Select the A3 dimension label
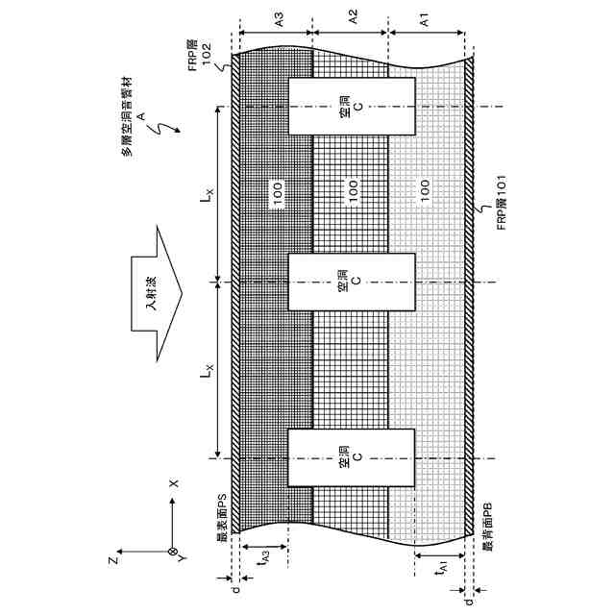pyautogui.click(x=278, y=18)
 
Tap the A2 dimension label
pyautogui.click(x=352, y=18)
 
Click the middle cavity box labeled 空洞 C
pyautogui.click(x=352, y=282)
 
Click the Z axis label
pyautogui.click(x=112, y=558)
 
